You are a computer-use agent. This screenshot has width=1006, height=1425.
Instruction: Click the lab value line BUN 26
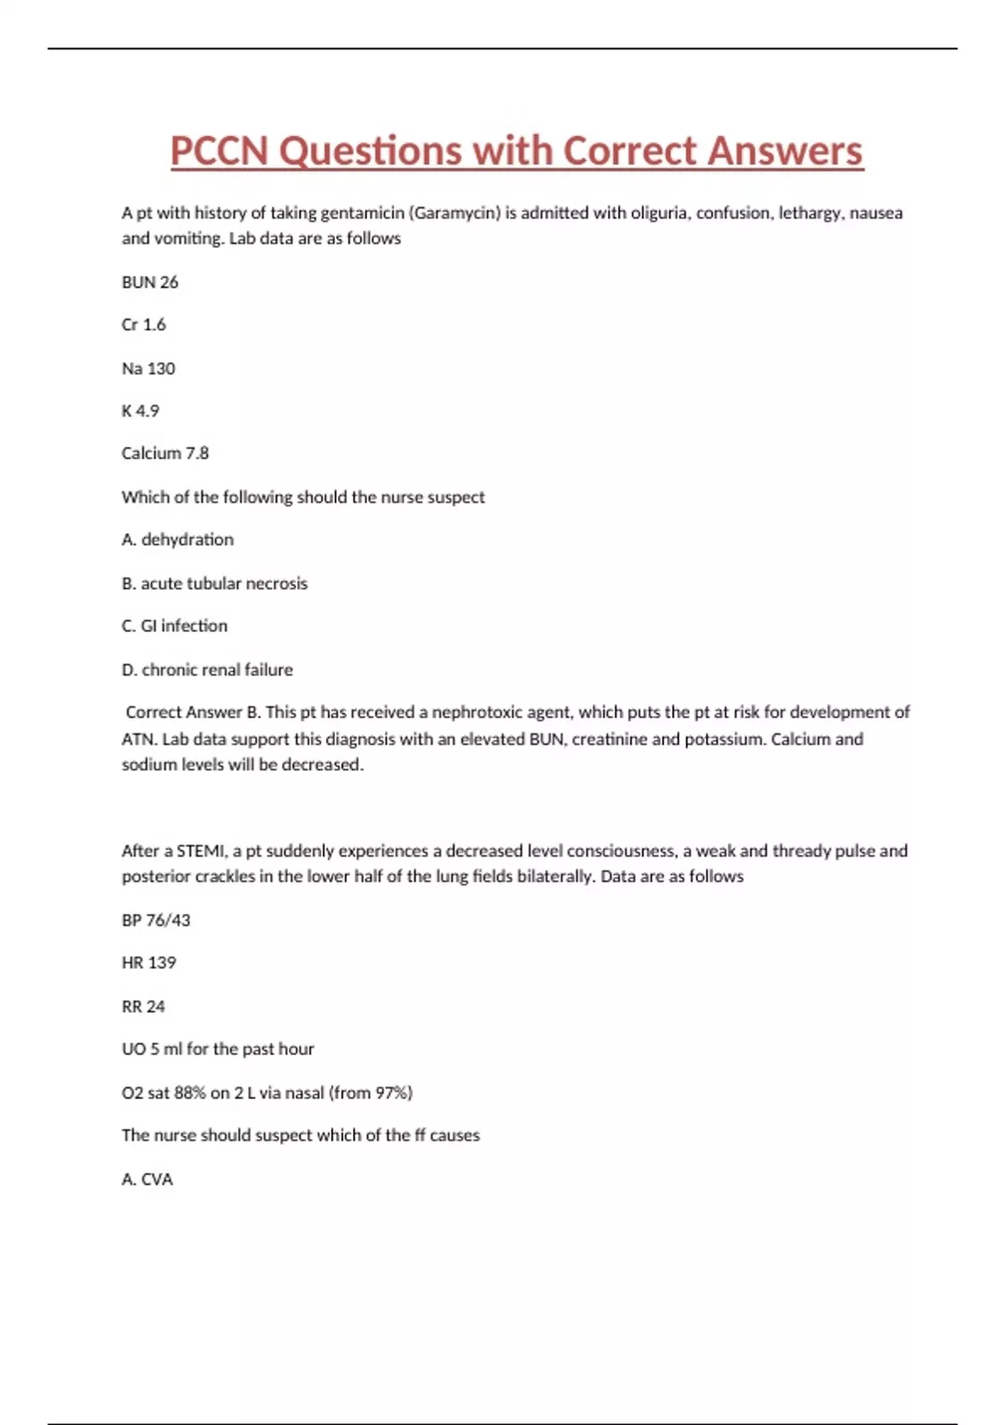click(x=150, y=282)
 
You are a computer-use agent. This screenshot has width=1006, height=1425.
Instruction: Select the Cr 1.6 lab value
click(x=143, y=324)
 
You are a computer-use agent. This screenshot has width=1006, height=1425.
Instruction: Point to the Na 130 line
click(x=148, y=369)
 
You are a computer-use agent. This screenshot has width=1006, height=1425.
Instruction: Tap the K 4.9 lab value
click(x=140, y=411)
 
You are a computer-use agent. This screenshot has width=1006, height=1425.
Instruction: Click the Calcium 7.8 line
click(x=165, y=453)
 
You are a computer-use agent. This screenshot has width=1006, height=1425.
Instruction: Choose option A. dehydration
click(x=178, y=540)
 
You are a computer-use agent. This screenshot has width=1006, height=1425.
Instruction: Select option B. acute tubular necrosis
click(x=215, y=583)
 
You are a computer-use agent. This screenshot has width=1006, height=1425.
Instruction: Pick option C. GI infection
click(x=174, y=626)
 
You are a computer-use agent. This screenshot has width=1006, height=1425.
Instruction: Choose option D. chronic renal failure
click(x=207, y=670)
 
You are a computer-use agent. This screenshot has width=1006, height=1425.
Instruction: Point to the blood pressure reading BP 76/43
click(x=156, y=920)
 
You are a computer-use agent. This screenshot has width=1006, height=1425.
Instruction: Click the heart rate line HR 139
click(x=148, y=963)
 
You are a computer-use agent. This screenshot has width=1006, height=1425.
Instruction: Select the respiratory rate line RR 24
click(x=143, y=1007)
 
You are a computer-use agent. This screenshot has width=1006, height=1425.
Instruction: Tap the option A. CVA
click(x=148, y=1179)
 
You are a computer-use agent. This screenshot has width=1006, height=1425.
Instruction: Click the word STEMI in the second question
click(x=201, y=851)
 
